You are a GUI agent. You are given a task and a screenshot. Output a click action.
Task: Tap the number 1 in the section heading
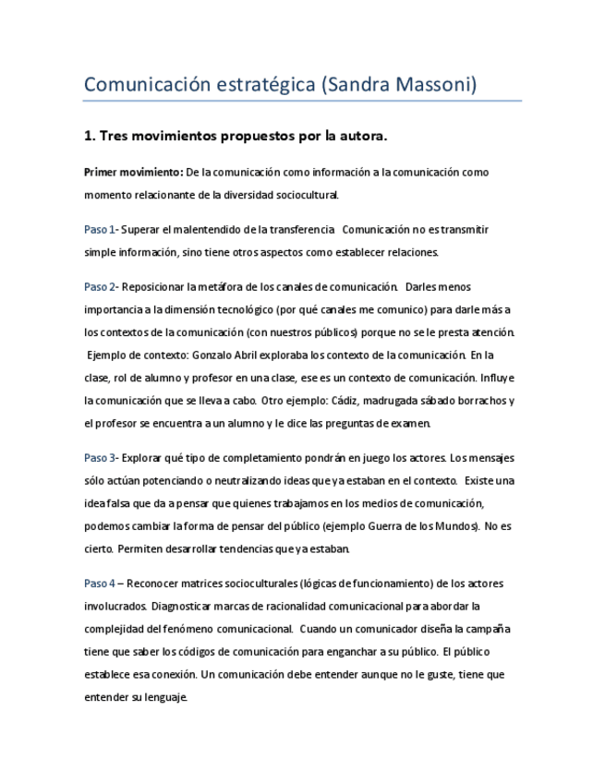(88, 137)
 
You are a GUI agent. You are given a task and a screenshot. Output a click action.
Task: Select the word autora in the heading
(357, 137)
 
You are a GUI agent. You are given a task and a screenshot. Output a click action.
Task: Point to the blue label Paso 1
(100, 229)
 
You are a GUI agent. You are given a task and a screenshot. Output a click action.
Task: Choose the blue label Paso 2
(100, 286)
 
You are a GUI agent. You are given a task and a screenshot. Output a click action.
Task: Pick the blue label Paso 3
(100, 457)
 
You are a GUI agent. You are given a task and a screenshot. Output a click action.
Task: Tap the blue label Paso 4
(100, 583)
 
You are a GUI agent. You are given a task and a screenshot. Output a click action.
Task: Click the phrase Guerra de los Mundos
(421, 525)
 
